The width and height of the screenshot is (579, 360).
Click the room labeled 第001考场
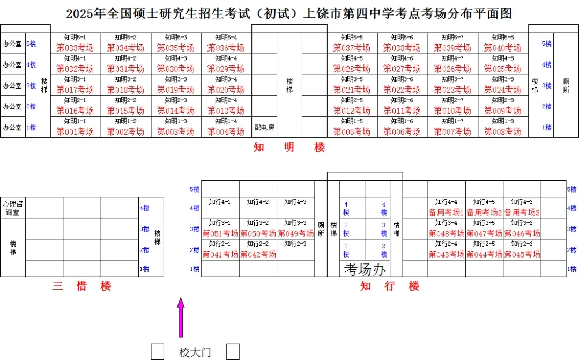(x=75, y=131)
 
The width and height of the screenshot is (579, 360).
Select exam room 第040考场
(x=502, y=48)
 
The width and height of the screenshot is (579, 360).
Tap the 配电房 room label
(x=264, y=128)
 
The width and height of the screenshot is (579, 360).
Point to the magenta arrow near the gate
(x=181, y=318)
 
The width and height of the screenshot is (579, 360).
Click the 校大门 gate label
(x=195, y=352)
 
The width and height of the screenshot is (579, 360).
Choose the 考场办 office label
(x=365, y=269)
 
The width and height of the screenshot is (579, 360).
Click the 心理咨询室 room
(x=13, y=208)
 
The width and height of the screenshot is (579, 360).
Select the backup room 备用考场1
(x=446, y=212)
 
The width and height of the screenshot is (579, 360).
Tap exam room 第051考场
(x=220, y=233)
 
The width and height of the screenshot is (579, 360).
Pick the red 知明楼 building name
(x=289, y=147)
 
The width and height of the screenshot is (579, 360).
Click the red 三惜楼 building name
(x=81, y=286)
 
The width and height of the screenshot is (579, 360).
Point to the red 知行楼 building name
(x=390, y=286)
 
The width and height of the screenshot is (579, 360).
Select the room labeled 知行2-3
(x=295, y=244)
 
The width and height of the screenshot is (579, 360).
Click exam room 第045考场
(x=522, y=254)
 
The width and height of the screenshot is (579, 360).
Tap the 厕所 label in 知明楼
(x=566, y=85)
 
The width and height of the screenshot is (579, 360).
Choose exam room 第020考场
(x=226, y=90)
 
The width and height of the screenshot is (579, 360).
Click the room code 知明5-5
(x=352, y=38)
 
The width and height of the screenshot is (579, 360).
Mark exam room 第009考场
(x=502, y=111)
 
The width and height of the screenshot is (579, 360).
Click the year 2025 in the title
(x=80, y=13)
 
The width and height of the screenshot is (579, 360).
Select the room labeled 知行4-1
(x=220, y=202)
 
